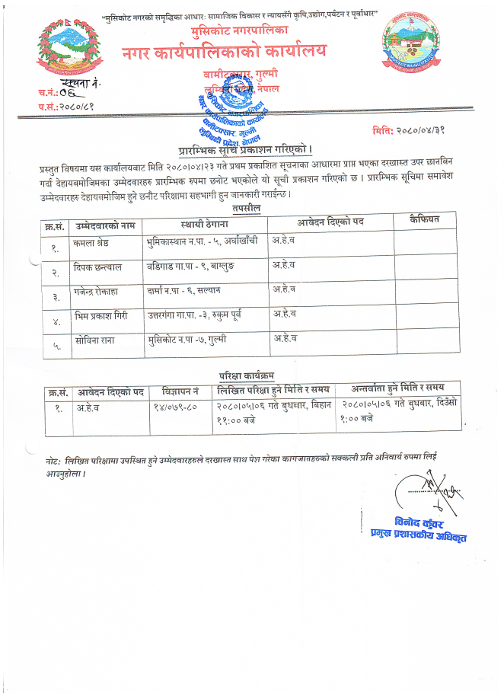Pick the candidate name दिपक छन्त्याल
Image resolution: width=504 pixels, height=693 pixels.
click(x=100, y=268)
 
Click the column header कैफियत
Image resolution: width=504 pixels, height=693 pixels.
click(x=425, y=221)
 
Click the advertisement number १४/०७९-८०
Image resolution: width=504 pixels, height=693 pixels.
click(x=176, y=407)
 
